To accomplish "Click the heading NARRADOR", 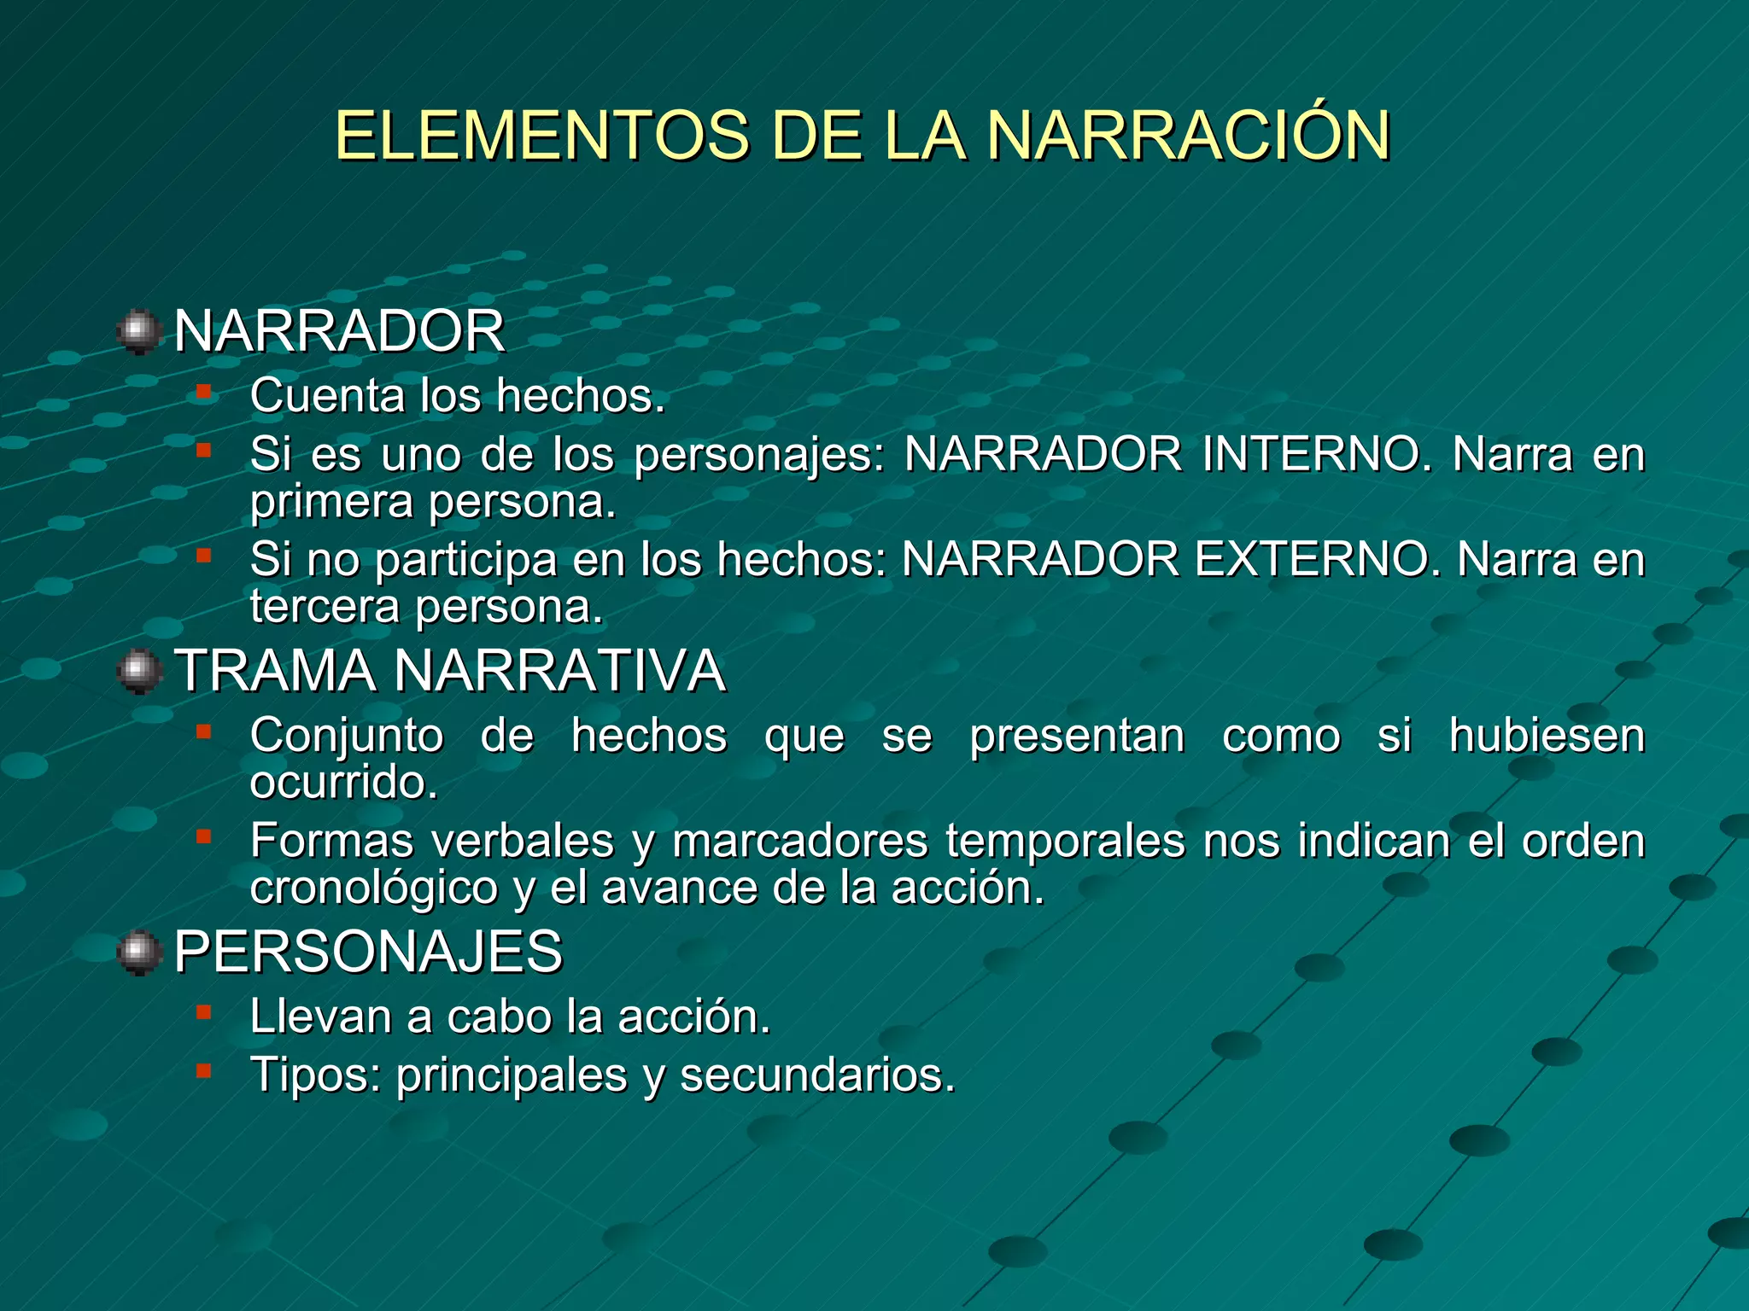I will pyautogui.click(x=339, y=331).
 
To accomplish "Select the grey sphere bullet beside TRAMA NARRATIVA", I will pyautogui.click(x=139, y=672).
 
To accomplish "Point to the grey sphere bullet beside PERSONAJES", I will pyautogui.click(x=139, y=953).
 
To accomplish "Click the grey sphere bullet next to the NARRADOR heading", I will pyautogui.click(x=139, y=332).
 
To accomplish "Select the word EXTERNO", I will pyautogui.click(x=1313, y=560).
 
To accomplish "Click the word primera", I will pyautogui.click(x=331, y=502).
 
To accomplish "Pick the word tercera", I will pyautogui.click(x=325, y=607).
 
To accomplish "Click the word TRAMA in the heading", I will pyautogui.click(x=275, y=671).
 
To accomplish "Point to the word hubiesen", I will pyautogui.click(x=1547, y=736).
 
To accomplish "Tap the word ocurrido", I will pyautogui.click(x=343, y=783).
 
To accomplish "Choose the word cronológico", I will pyautogui.click(x=373, y=889).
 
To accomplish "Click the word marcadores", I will pyautogui.click(x=799, y=841).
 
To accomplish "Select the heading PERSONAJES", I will pyautogui.click(x=368, y=952).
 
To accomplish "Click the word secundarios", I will pyautogui.click(x=817, y=1075).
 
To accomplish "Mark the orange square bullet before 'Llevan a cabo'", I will pyautogui.click(x=203, y=1013).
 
